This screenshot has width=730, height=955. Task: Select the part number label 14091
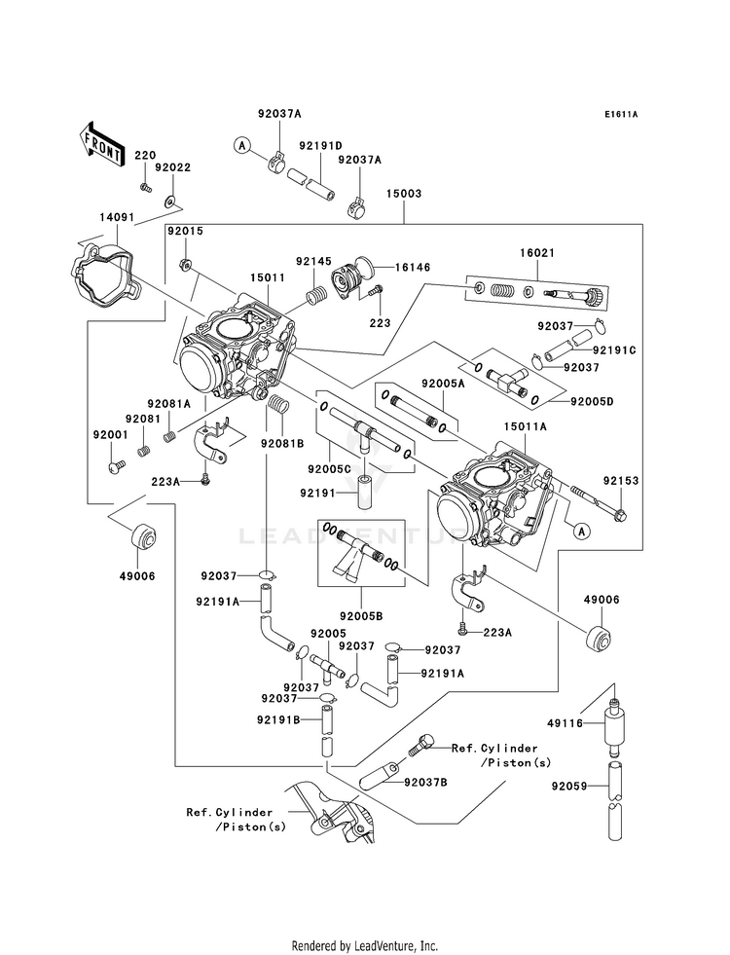click(x=116, y=216)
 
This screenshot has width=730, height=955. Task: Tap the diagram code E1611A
click(x=621, y=114)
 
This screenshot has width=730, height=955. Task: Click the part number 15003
click(x=404, y=194)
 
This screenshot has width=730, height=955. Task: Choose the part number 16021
click(x=537, y=253)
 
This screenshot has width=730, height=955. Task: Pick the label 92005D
click(x=592, y=401)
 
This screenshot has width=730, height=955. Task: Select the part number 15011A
click(x=525, y=427)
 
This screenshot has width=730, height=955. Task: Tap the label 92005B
click(x=361, y=616)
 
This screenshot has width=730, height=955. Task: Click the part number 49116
click(x=566, y=723)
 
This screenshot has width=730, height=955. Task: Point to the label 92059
click(x=569, y=786)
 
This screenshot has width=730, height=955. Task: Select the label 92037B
click(x=425, y=782)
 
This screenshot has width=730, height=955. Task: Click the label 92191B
click(x=278, y=719)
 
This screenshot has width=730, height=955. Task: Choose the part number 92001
click(x=110, y=435)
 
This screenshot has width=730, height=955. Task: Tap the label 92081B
click(x=282, y=443)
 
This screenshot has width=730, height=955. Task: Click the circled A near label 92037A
click(x=242, y=145)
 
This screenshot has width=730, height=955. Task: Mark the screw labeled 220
click(x=145, y=187)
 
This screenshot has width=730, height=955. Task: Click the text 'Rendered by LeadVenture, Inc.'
click(x=365, y=945)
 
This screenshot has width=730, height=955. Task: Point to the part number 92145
click(x=314, y=261)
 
